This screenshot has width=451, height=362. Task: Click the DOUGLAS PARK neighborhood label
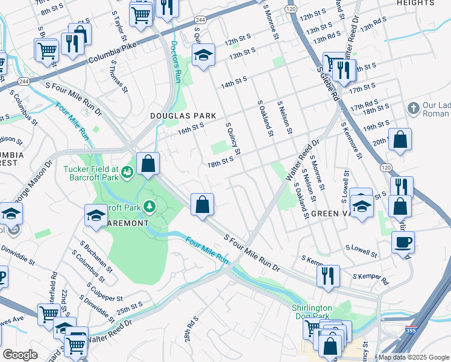(178, 115)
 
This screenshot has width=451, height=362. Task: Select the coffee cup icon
(403, 242)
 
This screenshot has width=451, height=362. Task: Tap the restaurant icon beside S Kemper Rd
(328, 275)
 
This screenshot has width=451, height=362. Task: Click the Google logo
(20, 355)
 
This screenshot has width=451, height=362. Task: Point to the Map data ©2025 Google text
(413, 357)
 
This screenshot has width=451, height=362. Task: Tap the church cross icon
(413, 109)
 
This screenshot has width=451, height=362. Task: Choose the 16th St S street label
(191, 128)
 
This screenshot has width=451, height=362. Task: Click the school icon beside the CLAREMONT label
(96, 215)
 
